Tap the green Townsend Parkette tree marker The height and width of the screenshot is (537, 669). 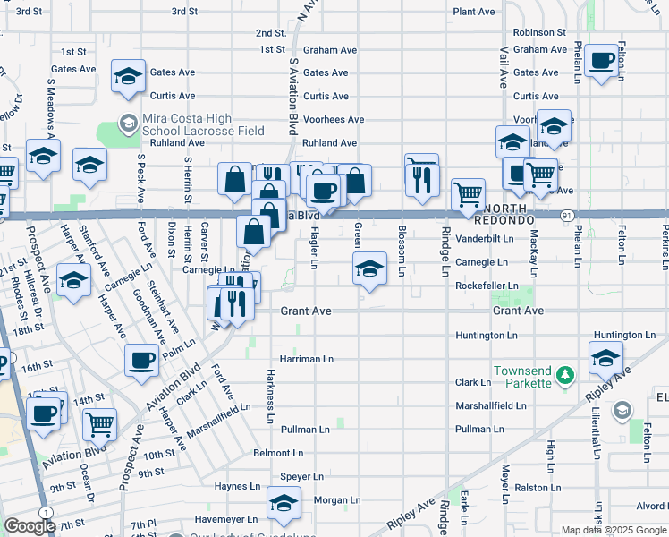[x=563, y=373]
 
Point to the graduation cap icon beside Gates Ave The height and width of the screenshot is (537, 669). [x=129, y=75]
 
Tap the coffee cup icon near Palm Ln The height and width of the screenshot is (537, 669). [x=141, y=361]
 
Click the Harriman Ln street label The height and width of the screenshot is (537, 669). [x=306, y=359]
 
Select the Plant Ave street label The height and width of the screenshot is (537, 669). [x=474, y=12]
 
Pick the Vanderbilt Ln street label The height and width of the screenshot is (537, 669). [x=485, y=239]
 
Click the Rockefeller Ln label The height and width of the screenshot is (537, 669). [x=487, y=286]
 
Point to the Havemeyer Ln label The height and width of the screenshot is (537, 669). [x=226, y=518]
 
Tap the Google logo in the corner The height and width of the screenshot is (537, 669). [x=30, y=526]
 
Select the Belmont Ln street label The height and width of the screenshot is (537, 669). [x=278, y=453]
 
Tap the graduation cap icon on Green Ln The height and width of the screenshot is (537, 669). [x=368, y=269]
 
